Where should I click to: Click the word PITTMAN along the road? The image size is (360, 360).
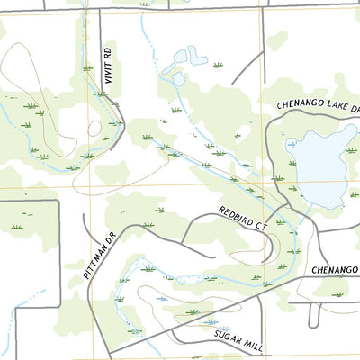click(97, 261)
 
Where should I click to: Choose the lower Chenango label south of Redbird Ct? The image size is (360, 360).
click(335, 269)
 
